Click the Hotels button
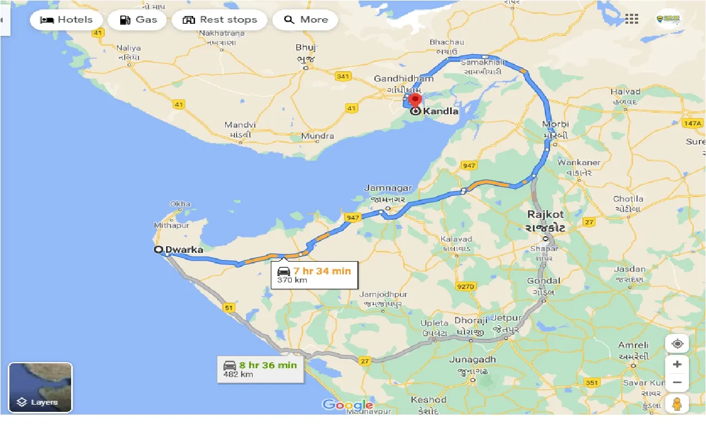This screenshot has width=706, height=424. (66, 20)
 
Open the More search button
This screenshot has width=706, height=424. (305, 20)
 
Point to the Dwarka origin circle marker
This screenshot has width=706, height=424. (158, 250)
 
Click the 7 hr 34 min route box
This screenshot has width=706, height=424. (314, 274)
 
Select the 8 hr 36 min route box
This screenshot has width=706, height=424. (260, 369)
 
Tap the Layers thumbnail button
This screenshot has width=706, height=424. (40, 388)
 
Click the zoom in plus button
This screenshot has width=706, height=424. (677, 364)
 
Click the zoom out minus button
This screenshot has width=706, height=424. (677, 383)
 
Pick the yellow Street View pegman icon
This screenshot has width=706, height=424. (677, 405)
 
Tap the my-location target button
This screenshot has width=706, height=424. (677, 343)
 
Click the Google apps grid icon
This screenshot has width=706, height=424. (632, 19)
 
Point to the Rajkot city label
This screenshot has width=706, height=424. (545, 214)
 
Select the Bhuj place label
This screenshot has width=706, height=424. (306, 47)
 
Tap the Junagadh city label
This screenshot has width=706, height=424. (473, 359)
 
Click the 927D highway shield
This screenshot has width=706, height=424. (466, 287)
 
